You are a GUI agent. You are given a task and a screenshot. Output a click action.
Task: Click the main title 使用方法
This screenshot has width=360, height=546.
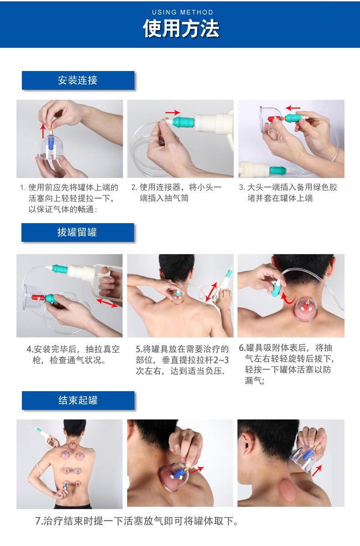pyautogui.click(x=181, y=29)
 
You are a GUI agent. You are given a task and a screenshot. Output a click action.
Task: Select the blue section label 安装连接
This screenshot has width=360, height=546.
pyautogui.click(x=78, y=81)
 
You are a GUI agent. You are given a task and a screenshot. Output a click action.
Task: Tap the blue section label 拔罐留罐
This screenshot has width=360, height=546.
pyautogui.click(x=77, y=232)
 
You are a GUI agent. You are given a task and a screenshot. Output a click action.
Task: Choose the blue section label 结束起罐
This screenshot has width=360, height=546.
pyautogui.click(x=78, y=400)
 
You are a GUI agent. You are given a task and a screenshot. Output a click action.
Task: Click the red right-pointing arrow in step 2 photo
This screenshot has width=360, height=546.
pyautogui.click(x=173, y=112)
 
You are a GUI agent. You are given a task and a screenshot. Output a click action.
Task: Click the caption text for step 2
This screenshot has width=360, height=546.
pyautogui.click(x=180, y=193)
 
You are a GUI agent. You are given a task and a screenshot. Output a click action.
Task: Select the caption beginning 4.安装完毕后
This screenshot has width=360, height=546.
pyautogui.click(x=73, y=355)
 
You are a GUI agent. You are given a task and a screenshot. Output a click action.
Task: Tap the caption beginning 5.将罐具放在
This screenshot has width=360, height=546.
pyautogui.click(x=182, y=360)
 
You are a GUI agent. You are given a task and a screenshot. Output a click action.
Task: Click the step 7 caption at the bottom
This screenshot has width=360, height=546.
pyautogui.click(x=137, y=521)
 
